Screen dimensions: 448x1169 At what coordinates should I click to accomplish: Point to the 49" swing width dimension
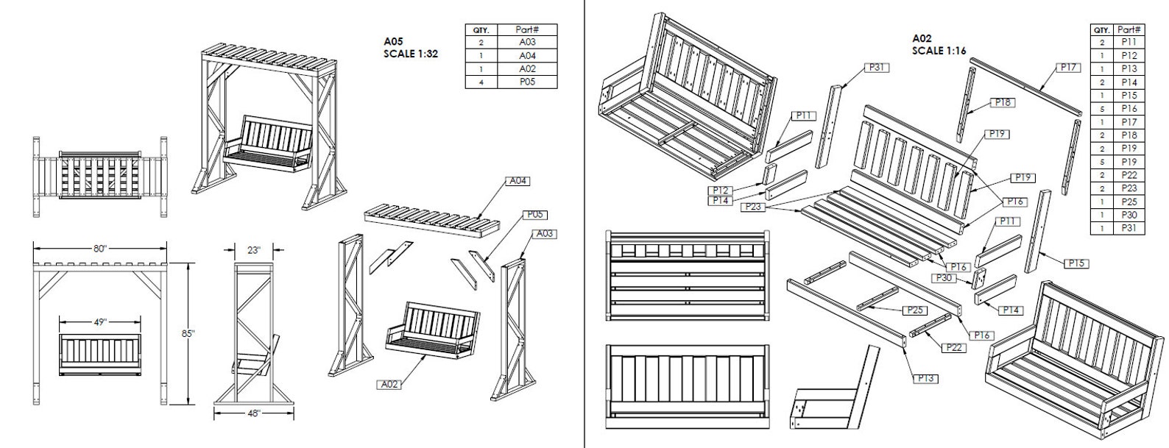tap(100, 321)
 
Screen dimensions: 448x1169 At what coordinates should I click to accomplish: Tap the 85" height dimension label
tap(189, 333)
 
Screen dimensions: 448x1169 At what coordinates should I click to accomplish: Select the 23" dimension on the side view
tap(254, 249)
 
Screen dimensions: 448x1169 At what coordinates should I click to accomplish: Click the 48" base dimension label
tap(254, 413)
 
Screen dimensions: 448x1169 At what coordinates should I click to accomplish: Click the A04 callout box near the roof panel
tap(518, 181)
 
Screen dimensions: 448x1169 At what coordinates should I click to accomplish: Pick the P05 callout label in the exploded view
tap(535, 215)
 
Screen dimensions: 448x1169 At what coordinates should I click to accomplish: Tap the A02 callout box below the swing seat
tap(389, 384)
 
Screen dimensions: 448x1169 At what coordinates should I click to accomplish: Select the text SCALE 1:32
tap(411, 54)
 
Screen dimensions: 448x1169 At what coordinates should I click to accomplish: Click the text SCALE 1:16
tap(939, 51)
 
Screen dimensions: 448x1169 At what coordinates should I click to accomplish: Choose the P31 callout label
tap(875, 68)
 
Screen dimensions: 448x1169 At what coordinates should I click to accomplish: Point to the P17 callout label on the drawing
tap(1068, 68)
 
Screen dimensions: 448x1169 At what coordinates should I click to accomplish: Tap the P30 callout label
tap(944, 278)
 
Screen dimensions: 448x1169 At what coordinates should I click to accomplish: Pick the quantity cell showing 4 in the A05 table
tap(481, 82)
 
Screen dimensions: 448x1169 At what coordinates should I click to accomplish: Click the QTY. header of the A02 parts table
tap(1102, 30)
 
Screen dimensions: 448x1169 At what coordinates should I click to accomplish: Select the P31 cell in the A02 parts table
tap(1129, 229)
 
